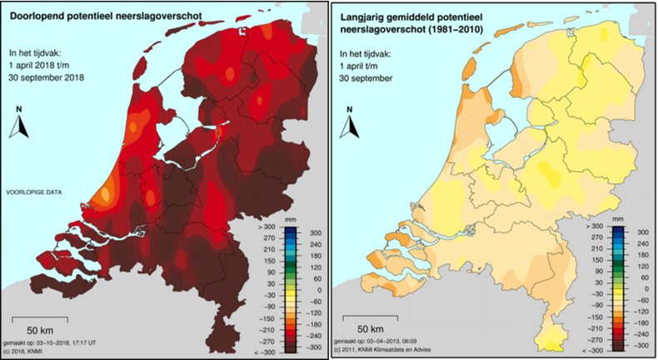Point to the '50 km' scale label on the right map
371,327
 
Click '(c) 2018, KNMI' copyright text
31,352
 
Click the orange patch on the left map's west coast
106,196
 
